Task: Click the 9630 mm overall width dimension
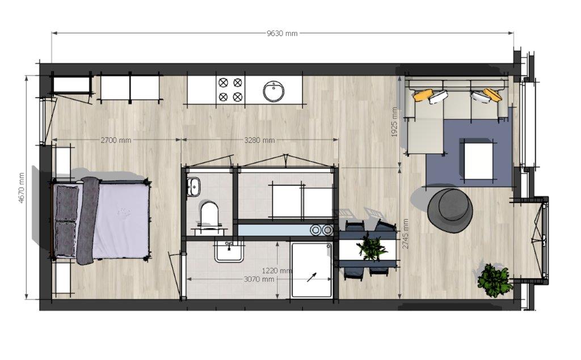282,33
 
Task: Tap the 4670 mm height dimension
21,188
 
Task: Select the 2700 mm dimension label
116,140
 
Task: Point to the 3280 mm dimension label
259,140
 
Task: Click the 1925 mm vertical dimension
394,122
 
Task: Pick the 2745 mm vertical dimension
405,234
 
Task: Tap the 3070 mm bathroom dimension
259,279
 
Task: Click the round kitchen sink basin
274,91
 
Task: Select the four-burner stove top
230,89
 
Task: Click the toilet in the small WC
209,214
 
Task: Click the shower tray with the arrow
311,270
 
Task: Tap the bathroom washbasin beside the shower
229,251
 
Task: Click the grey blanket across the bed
88,221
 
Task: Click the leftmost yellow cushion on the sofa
423,95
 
